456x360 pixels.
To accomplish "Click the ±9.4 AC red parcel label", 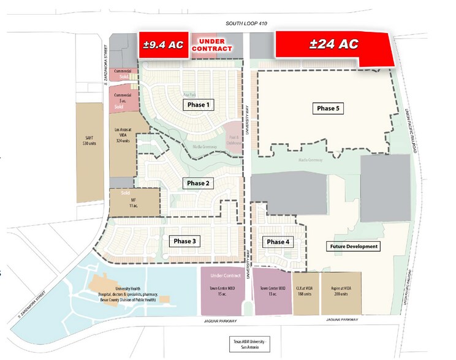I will click(161, 45).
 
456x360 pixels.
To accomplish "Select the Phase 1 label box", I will click(199, 105).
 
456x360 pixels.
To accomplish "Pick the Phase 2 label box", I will click(199, 183).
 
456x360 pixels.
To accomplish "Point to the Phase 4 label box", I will click(278, 242).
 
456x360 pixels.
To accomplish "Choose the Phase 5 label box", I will click(328, 108).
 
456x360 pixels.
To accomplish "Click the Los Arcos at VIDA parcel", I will click(124, 135).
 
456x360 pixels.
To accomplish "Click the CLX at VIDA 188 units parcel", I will click(305, 291).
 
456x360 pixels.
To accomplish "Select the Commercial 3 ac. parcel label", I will click(124, 95).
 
